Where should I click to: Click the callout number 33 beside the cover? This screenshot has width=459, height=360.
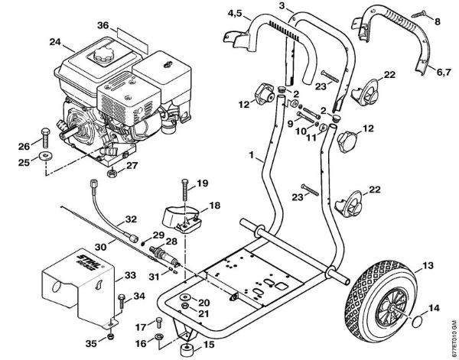(x=131, y=274)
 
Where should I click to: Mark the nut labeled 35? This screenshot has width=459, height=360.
(x=112, y=335)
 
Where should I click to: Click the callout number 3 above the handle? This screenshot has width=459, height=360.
(x=283, y=6)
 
